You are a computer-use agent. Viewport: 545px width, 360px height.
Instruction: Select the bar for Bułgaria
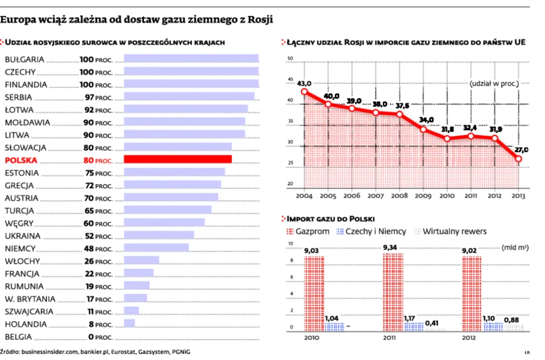[191, 59]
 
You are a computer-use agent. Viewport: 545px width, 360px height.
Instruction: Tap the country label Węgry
[18, 223]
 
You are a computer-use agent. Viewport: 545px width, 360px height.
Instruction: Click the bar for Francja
[139, 274]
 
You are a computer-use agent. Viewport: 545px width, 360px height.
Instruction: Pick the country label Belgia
[19, 337]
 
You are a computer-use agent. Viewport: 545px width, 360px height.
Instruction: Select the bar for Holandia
[129, 324]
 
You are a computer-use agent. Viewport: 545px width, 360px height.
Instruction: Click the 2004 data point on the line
[304, 91]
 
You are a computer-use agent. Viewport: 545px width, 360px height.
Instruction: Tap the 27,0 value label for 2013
[521, 150]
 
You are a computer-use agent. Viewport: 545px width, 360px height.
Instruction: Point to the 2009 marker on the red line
[423, 129]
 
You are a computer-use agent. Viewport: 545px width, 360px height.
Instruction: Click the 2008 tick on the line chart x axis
[400, 196]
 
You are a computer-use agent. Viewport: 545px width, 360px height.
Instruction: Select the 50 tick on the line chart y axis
[290, 59]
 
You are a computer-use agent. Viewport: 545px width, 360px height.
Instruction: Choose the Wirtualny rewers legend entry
[449, 231]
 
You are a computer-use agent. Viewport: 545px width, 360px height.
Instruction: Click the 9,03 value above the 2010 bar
[312, 250]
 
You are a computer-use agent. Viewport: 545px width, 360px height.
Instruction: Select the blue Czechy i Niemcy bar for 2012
[492, 326]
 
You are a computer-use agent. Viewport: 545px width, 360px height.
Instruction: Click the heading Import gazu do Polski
[331, 219]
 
